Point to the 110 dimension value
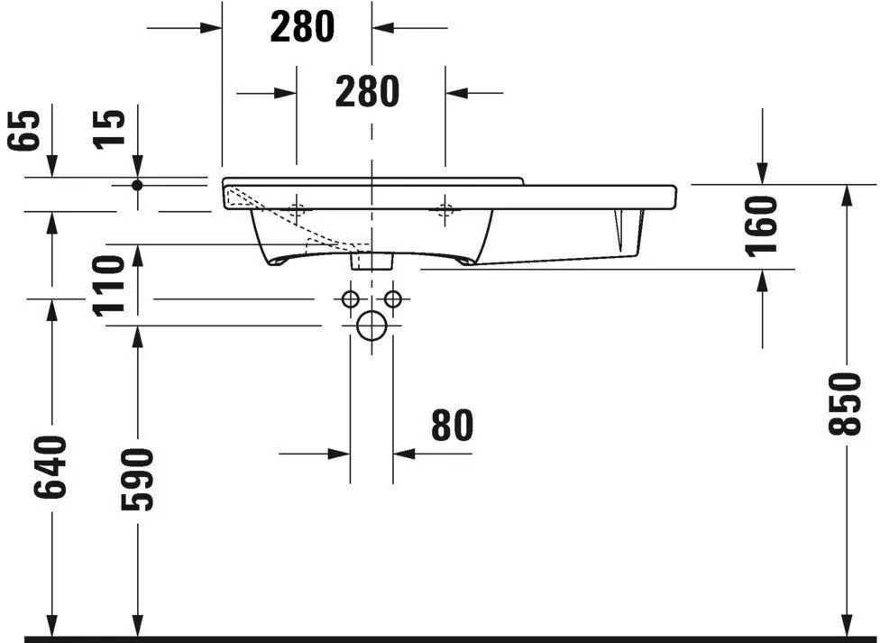[x=109, y=284]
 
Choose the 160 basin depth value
[x=763, y=225]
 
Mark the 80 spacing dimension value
[x=452, y=426]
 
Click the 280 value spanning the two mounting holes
[x=367, y=91]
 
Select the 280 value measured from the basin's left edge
[x=302, y=27]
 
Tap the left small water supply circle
[x=351, y=299]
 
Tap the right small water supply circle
[x=392, y=299]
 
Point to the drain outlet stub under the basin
[x=371, y=261]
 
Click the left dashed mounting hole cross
[x=297, y=211]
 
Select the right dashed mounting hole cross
[x=444, y=211]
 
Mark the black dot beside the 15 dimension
[x=137, y=185]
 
